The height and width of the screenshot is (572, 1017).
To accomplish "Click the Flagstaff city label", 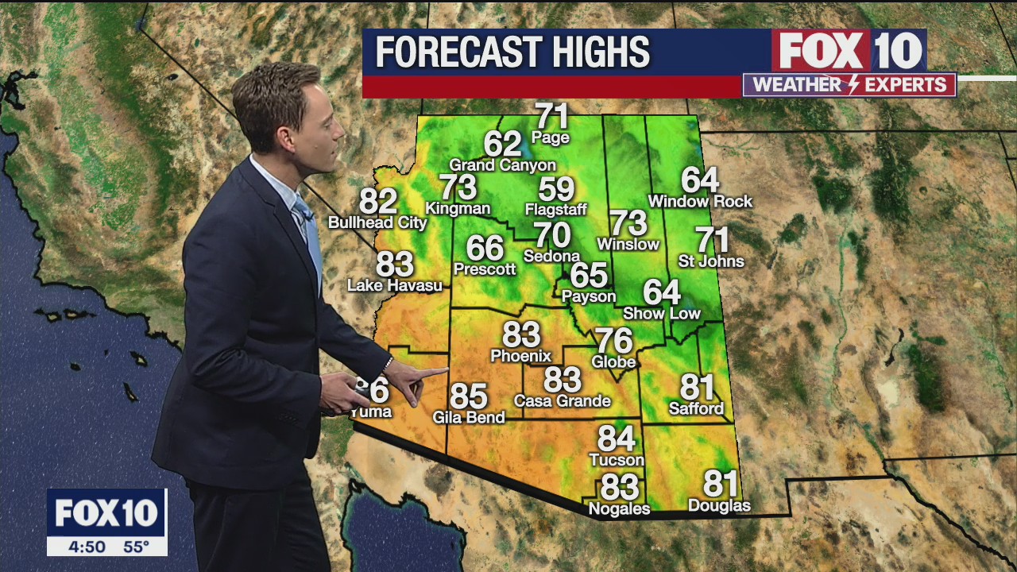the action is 555,210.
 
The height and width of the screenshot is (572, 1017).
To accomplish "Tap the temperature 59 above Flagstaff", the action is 556,189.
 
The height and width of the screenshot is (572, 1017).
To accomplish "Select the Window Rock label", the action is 700,202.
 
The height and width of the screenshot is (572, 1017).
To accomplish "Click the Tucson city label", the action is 617,460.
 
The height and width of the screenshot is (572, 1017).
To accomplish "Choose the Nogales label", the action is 619,508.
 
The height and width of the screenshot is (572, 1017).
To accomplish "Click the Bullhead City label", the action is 377,223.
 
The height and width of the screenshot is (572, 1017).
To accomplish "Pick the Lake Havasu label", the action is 395,284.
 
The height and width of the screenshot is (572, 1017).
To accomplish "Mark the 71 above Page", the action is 552,117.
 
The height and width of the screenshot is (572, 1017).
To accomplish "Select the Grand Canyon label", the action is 502,165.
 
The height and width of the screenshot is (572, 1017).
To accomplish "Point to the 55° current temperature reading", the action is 136,547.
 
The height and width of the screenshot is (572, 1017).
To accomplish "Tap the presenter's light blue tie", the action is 309,230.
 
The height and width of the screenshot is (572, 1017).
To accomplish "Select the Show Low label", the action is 662,313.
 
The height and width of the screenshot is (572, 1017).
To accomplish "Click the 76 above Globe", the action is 614,341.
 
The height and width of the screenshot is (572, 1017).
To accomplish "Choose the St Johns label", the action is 711,261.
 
